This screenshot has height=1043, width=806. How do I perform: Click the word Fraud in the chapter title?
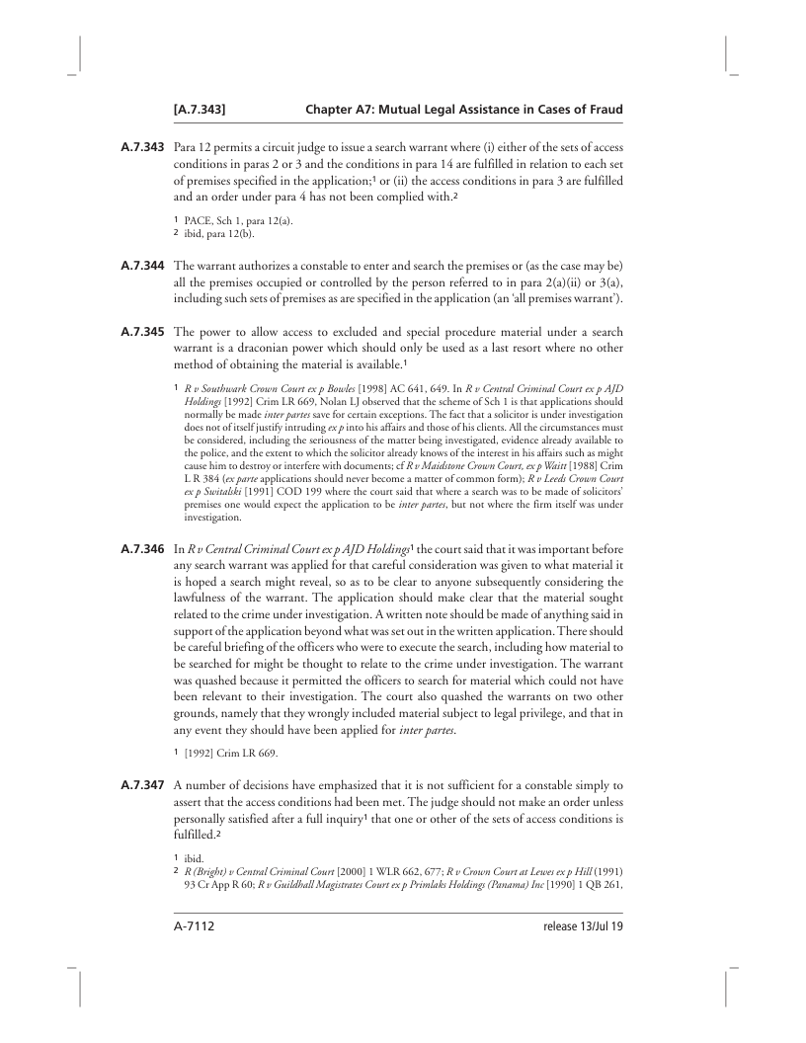[x=602, y=107]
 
